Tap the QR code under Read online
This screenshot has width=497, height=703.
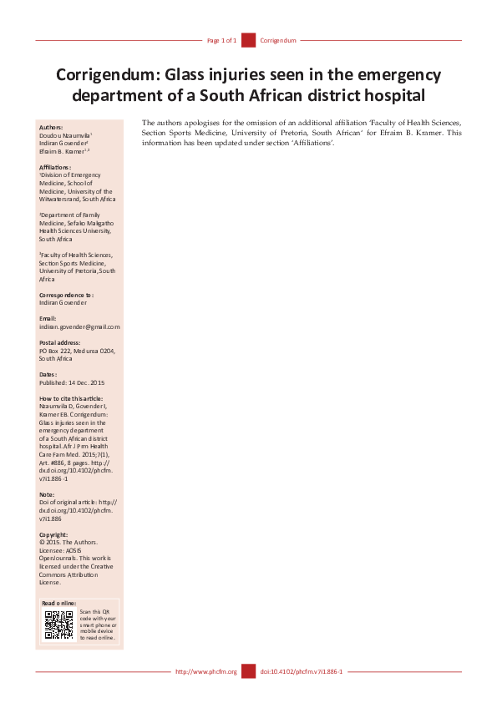(58, 625)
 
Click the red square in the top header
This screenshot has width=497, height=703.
(248, 40)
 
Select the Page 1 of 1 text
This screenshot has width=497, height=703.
(221, 40)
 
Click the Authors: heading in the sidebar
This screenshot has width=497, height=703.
(51, 128)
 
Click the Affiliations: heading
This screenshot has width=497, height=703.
(55, 168)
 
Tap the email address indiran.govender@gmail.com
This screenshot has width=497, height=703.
(79, 326)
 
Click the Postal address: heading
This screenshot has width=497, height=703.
(60, 343)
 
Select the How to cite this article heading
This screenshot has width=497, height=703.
(73, 399)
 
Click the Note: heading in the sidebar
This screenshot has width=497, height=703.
(48, 495)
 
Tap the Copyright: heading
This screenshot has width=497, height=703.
(53, 534)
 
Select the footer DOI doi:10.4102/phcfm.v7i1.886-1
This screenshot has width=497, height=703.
(302, 671)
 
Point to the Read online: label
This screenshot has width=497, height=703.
(59, 603)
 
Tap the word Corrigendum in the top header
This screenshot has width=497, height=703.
(278, 40)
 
